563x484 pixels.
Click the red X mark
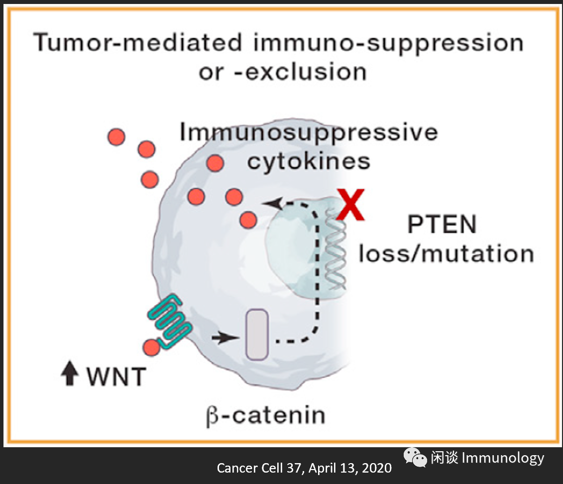(x=351, y=205)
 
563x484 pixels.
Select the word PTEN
(x=442, y=225)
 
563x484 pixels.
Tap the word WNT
(x=116, y=376)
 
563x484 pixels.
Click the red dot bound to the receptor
(x=151, y=347)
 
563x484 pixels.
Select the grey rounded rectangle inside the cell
(x=257, y=334)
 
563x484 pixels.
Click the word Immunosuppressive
(x=309, y=133)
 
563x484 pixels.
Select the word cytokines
(x=309, y=161)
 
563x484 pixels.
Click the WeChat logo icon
(x=415, y=458)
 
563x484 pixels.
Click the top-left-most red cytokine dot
(x=116, y=136)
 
